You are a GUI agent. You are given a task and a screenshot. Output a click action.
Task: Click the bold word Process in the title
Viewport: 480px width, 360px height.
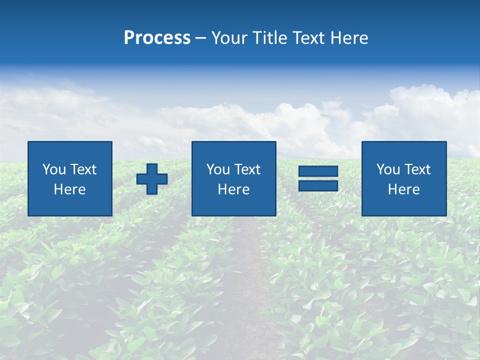pyautogui.click(x=157, y=38)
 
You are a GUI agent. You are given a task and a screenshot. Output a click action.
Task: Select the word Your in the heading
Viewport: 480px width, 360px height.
pyautogui.click(x=230, y=38)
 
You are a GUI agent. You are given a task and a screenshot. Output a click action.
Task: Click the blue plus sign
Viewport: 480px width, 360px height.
pyautogui.click(x=152, y=179)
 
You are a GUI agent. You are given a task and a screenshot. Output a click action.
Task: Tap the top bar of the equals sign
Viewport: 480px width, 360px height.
pyautogui.click(x=318, y=171)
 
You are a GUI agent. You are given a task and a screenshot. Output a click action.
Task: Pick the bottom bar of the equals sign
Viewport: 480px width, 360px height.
pyautogui.click(x=318, y=185)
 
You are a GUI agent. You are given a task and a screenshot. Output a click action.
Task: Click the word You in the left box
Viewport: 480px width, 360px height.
pyautogui.click(x=54, y=169)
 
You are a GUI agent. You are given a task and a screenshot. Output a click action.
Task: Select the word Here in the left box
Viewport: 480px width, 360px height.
pyautogui.click(x=69, y=189)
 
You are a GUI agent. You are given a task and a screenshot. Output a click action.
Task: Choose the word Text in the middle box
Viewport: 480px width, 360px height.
pyautogui.click(x=247, y=169)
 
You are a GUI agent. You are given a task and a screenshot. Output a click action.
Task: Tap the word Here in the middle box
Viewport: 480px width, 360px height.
pyautogui.click(x=233, y=189)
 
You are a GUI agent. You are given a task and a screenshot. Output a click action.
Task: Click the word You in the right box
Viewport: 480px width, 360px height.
pyautogui.click(x=388, y=169)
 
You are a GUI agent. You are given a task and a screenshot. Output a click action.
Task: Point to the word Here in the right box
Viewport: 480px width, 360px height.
pyautogui.click(x=403, y=189)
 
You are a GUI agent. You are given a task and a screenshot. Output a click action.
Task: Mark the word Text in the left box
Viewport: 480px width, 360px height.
pyautogui.click(x=83, y=169)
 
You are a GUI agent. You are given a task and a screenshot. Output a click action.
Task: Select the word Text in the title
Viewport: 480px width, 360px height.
pyautogui.click(x=308, y=38)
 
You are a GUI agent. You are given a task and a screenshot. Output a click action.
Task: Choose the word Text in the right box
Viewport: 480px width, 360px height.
pyautogui.click(x=417, y=169)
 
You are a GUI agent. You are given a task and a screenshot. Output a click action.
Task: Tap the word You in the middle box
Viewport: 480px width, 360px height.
pyautogui.click(x=218, y=169)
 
